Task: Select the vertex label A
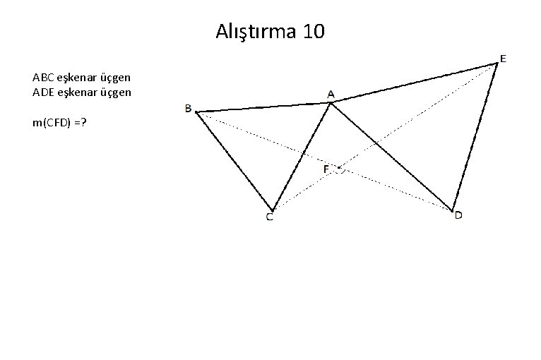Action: coord(331,93)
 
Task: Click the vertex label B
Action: coord(188,108)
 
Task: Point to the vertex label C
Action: coord(270,217)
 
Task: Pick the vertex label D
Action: coord(458,215)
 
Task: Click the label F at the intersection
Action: coord(326,169)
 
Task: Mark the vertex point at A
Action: coord(331,103)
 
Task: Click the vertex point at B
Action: coord(196,112)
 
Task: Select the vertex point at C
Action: coord(272,209)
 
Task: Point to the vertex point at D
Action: coord(452,210)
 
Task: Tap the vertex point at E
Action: coord(497,64)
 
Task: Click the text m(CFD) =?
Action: coord(59,124)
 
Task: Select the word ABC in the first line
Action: coord(42,76)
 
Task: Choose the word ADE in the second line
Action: coord(42,92)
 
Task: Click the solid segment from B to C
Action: coord(234,160)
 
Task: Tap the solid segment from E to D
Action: coord(475,136)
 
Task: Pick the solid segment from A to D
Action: coord(391,156)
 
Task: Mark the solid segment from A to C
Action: coord(302,156)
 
